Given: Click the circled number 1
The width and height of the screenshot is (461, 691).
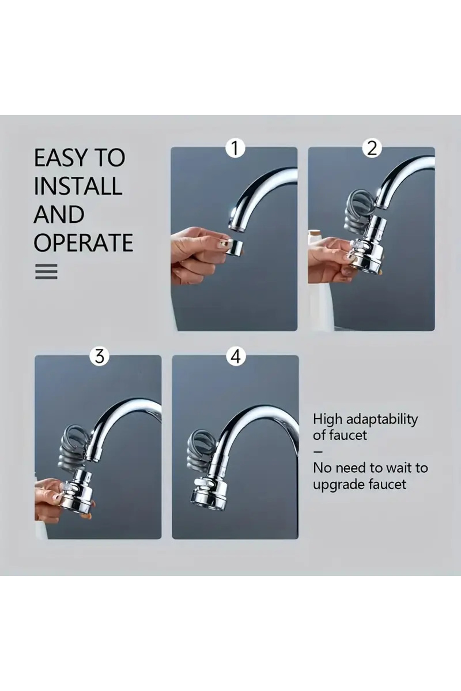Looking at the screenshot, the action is pos(235,149).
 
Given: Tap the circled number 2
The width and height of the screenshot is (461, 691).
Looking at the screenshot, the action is pos(372,148).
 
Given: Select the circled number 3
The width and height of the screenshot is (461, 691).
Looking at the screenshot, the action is pos(99,356).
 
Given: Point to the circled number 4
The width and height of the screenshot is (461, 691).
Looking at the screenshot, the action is pos(236,356).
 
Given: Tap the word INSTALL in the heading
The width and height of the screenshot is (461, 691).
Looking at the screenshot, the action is pos(78,186).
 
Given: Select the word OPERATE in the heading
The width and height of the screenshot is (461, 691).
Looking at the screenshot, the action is pos(83,243).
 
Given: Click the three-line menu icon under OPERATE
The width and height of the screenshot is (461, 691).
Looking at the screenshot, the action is pos(46,271).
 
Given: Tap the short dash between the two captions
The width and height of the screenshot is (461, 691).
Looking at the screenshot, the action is pos(318,452).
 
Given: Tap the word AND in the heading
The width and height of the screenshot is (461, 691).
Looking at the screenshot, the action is pos(59,214).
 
